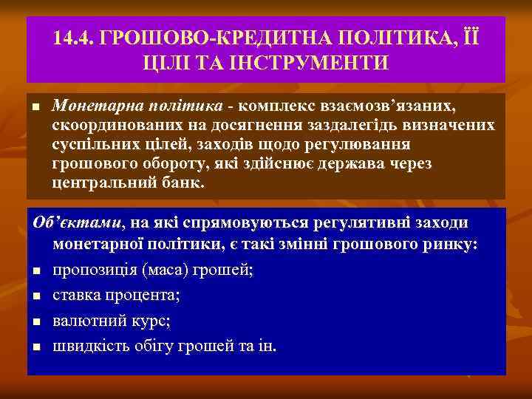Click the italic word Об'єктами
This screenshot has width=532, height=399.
click(76, 223)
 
